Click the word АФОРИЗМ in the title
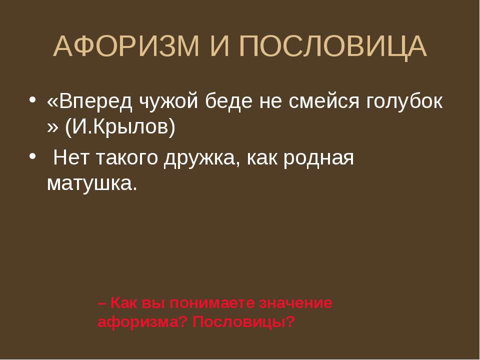(126, 46)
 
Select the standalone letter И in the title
(219, 46)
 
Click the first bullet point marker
(32, 100)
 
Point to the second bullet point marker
(32, 156)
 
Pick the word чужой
(169, 101)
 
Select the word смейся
(324, 101)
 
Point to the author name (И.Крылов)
(120, 126)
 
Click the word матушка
(92, 184)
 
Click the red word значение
(295, 303)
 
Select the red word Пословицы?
(243, 322)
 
